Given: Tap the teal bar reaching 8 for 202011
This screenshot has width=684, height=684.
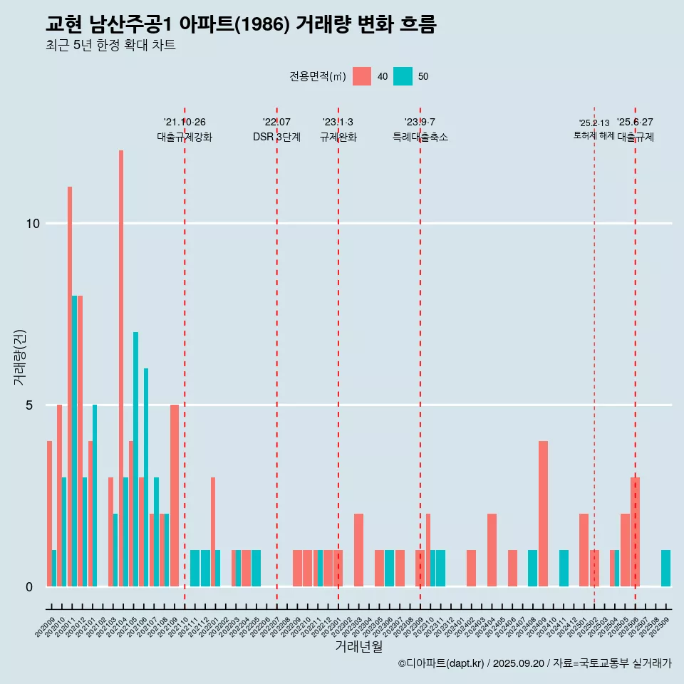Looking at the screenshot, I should pyautogui.click(x=74, y=441).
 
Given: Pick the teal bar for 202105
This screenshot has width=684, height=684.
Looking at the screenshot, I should pyautogui.click(x=135, y=459).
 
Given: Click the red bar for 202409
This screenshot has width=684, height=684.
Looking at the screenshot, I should pyautogui.click(x=543, y=514).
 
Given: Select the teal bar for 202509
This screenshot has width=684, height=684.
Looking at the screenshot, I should pyautogui.click(x=665, y=568).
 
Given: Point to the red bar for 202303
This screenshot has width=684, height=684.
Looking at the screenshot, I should pyautogui.click(x=358, y=549).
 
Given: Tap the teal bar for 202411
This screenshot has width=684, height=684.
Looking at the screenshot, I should pyautogui.click(x=564, y=568).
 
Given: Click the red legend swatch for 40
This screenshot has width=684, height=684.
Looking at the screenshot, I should pyautogui.click(x=362, y=76).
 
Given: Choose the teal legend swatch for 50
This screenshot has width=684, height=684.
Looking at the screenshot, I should pyautogui.click(x=403, y=76).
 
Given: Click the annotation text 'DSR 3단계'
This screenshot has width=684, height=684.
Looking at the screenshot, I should pyautogui.click(x=276, y=137).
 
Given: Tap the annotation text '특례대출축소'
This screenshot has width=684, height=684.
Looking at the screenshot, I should pyautogui.click(x=420, y=137).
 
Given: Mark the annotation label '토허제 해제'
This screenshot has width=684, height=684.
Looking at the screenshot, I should pyautogui.click(x=594, y=135).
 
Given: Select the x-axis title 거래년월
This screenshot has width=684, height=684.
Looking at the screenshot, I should pyautogui.click(x=358, y=647).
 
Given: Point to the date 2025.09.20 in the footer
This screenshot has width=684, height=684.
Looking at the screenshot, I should pyautogui.click(x=519, y=663).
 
